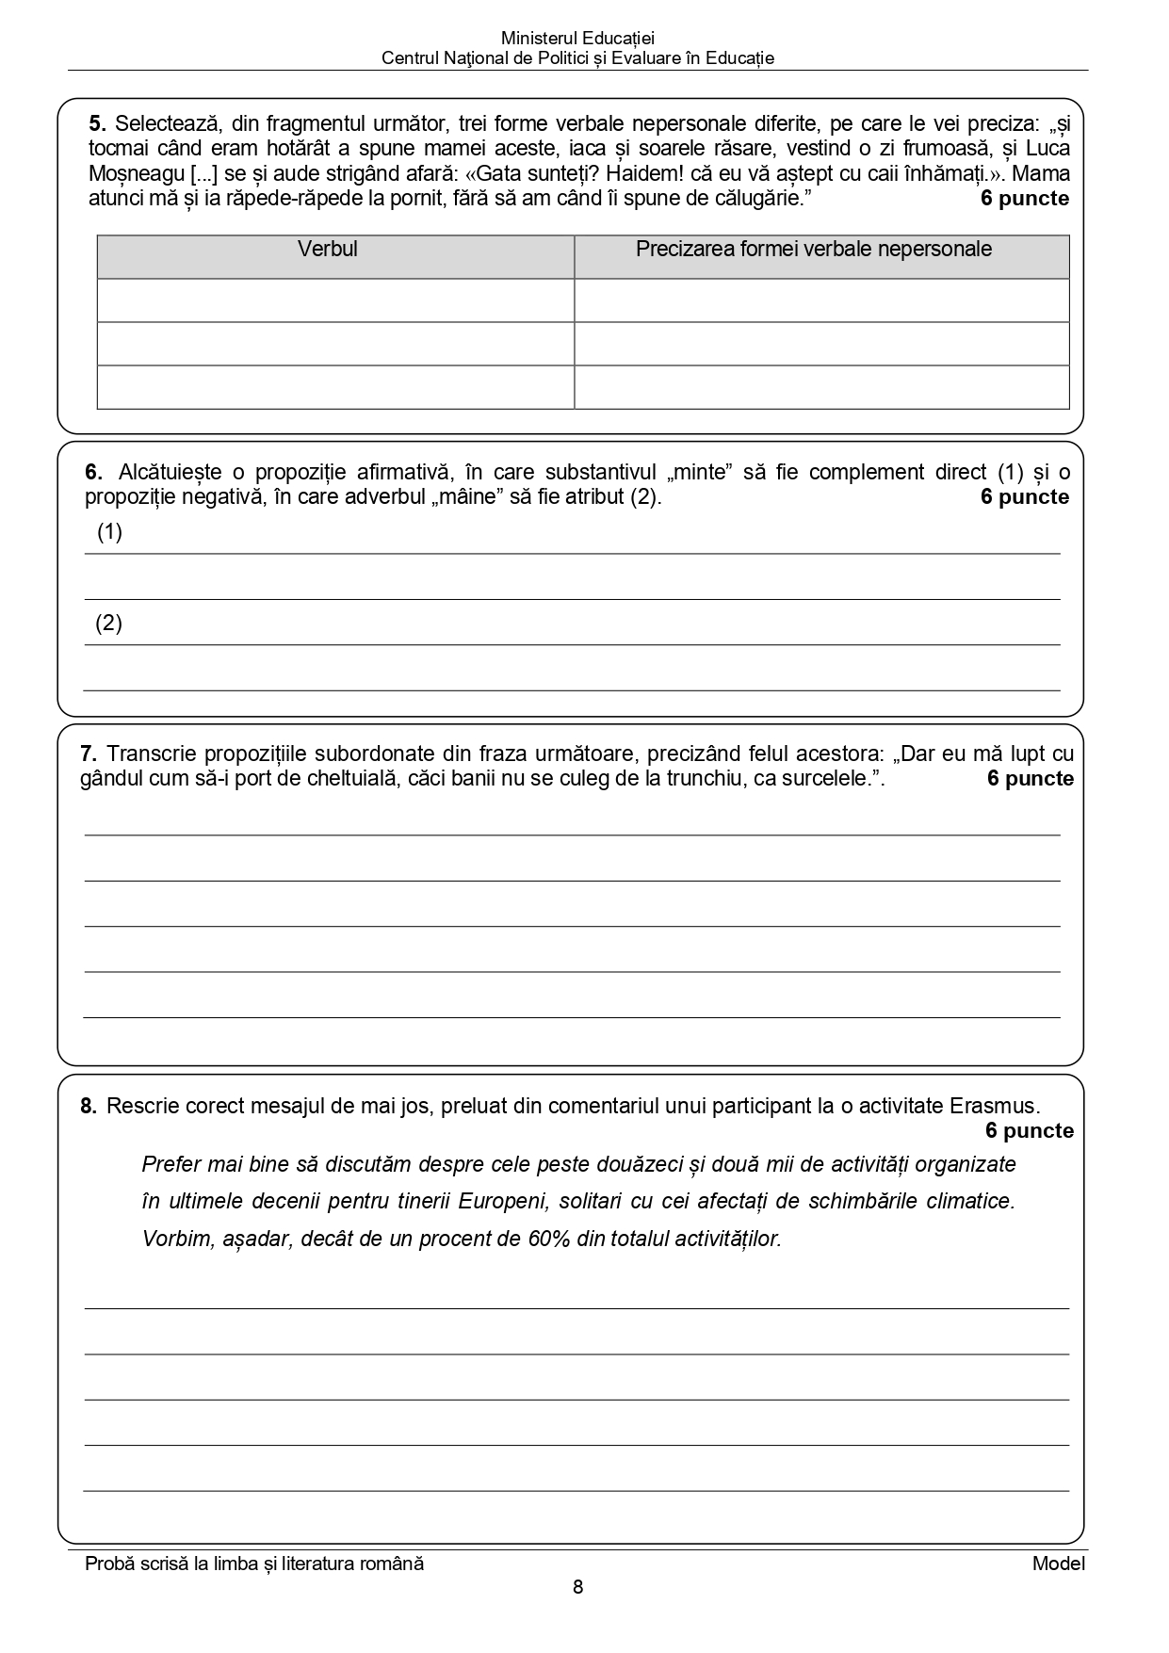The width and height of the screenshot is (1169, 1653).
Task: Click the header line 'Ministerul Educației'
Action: tap(577, 39)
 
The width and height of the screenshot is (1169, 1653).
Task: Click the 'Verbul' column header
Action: tap(327, 250)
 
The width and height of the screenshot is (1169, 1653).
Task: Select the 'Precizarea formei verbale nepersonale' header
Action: tap(813, 250)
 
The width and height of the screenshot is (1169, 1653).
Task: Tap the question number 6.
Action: tap(92, 472)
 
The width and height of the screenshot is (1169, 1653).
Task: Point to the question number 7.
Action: tap(89, 754)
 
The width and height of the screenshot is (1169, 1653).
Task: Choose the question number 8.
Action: tap(89, 1106)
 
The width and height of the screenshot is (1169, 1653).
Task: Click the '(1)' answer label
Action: tap(109, 532)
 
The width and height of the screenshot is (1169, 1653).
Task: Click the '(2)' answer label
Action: tap(108, 623)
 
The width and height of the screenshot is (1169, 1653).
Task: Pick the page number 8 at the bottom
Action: tap(577, 1587)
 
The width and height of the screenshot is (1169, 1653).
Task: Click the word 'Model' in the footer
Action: tap(1058, 1564)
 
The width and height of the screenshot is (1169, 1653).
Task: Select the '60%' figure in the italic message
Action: tap(550, 1239)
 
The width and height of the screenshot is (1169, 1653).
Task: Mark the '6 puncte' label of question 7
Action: tap(1030, 779)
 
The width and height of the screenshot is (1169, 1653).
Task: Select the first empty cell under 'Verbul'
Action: tap(335, 300)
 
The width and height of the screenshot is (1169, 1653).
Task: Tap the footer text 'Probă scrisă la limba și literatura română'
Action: tap(254, 1564)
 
